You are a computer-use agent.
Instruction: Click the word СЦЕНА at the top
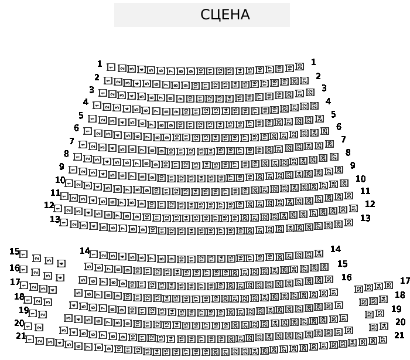tap(225, 15)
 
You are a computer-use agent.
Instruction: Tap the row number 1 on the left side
tap(100, 64)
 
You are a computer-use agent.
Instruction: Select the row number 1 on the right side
tap(313, 62)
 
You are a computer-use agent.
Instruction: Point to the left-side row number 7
tap(71, 141)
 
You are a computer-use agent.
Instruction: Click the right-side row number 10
tap(360, 179)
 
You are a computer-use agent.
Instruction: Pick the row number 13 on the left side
tap(54, 219)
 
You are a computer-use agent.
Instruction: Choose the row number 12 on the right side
tap(370, 204)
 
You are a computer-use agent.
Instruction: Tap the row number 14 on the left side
tap(84, 251)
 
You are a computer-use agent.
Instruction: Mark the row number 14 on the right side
tap(335, 249)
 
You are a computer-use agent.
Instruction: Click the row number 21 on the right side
tap(399, 335)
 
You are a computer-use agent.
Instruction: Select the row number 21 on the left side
tap(20, 336)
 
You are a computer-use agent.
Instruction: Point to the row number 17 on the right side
tap(405, 281)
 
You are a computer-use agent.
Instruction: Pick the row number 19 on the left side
tap(23, 310)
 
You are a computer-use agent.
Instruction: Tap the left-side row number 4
tap(86, 102)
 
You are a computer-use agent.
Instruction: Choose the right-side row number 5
tap(333, 115)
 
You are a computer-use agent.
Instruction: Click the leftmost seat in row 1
tap(111, 67)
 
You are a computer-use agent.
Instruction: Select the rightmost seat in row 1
tap(299, 66)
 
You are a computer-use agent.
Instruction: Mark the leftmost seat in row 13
tap(64, 223)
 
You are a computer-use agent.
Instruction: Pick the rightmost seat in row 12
tap(353, 208)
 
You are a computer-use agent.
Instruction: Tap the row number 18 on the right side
tap(399, 295)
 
